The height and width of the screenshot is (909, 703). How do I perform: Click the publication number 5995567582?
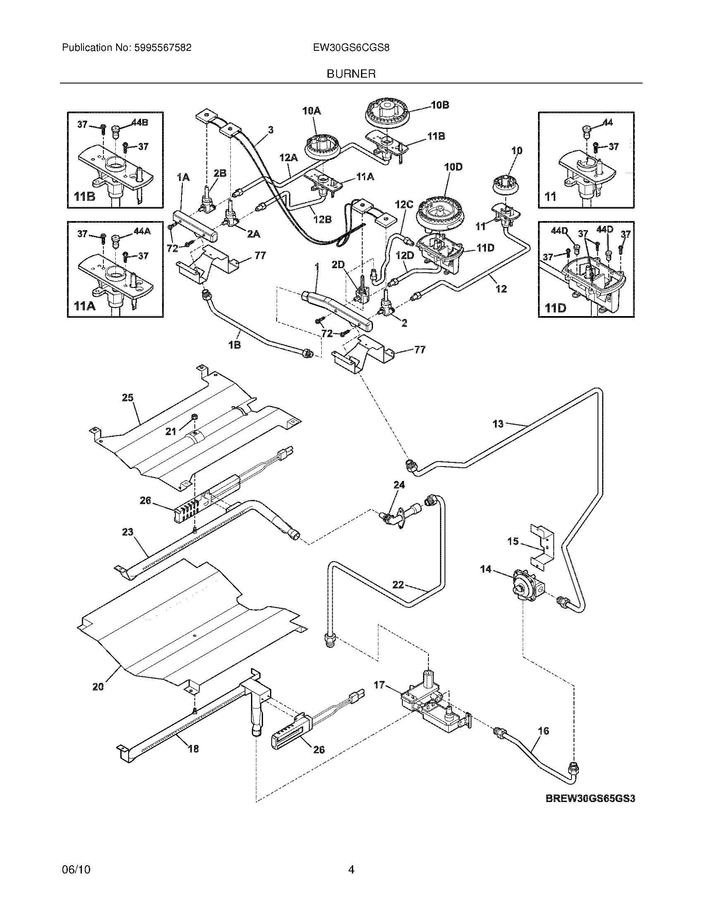coord(163,48)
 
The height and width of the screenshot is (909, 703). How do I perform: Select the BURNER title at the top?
coord(351,74)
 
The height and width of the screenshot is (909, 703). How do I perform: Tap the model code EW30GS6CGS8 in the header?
coord(351,48)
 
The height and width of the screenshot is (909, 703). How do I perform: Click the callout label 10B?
coord(440,105)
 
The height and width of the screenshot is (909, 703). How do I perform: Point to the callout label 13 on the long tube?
coord(498,424)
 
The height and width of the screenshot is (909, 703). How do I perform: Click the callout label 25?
coord(127,397)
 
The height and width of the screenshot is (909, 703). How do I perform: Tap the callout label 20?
coord(98,687)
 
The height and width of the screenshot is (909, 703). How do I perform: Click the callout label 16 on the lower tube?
coord(543,731)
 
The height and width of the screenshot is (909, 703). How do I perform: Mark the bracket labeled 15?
coord(541,545)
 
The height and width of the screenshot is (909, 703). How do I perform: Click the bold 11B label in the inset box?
coord(84,196)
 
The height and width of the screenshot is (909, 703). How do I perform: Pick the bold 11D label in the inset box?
coord(555,308)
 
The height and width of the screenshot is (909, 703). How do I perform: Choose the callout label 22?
coord(398,585)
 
